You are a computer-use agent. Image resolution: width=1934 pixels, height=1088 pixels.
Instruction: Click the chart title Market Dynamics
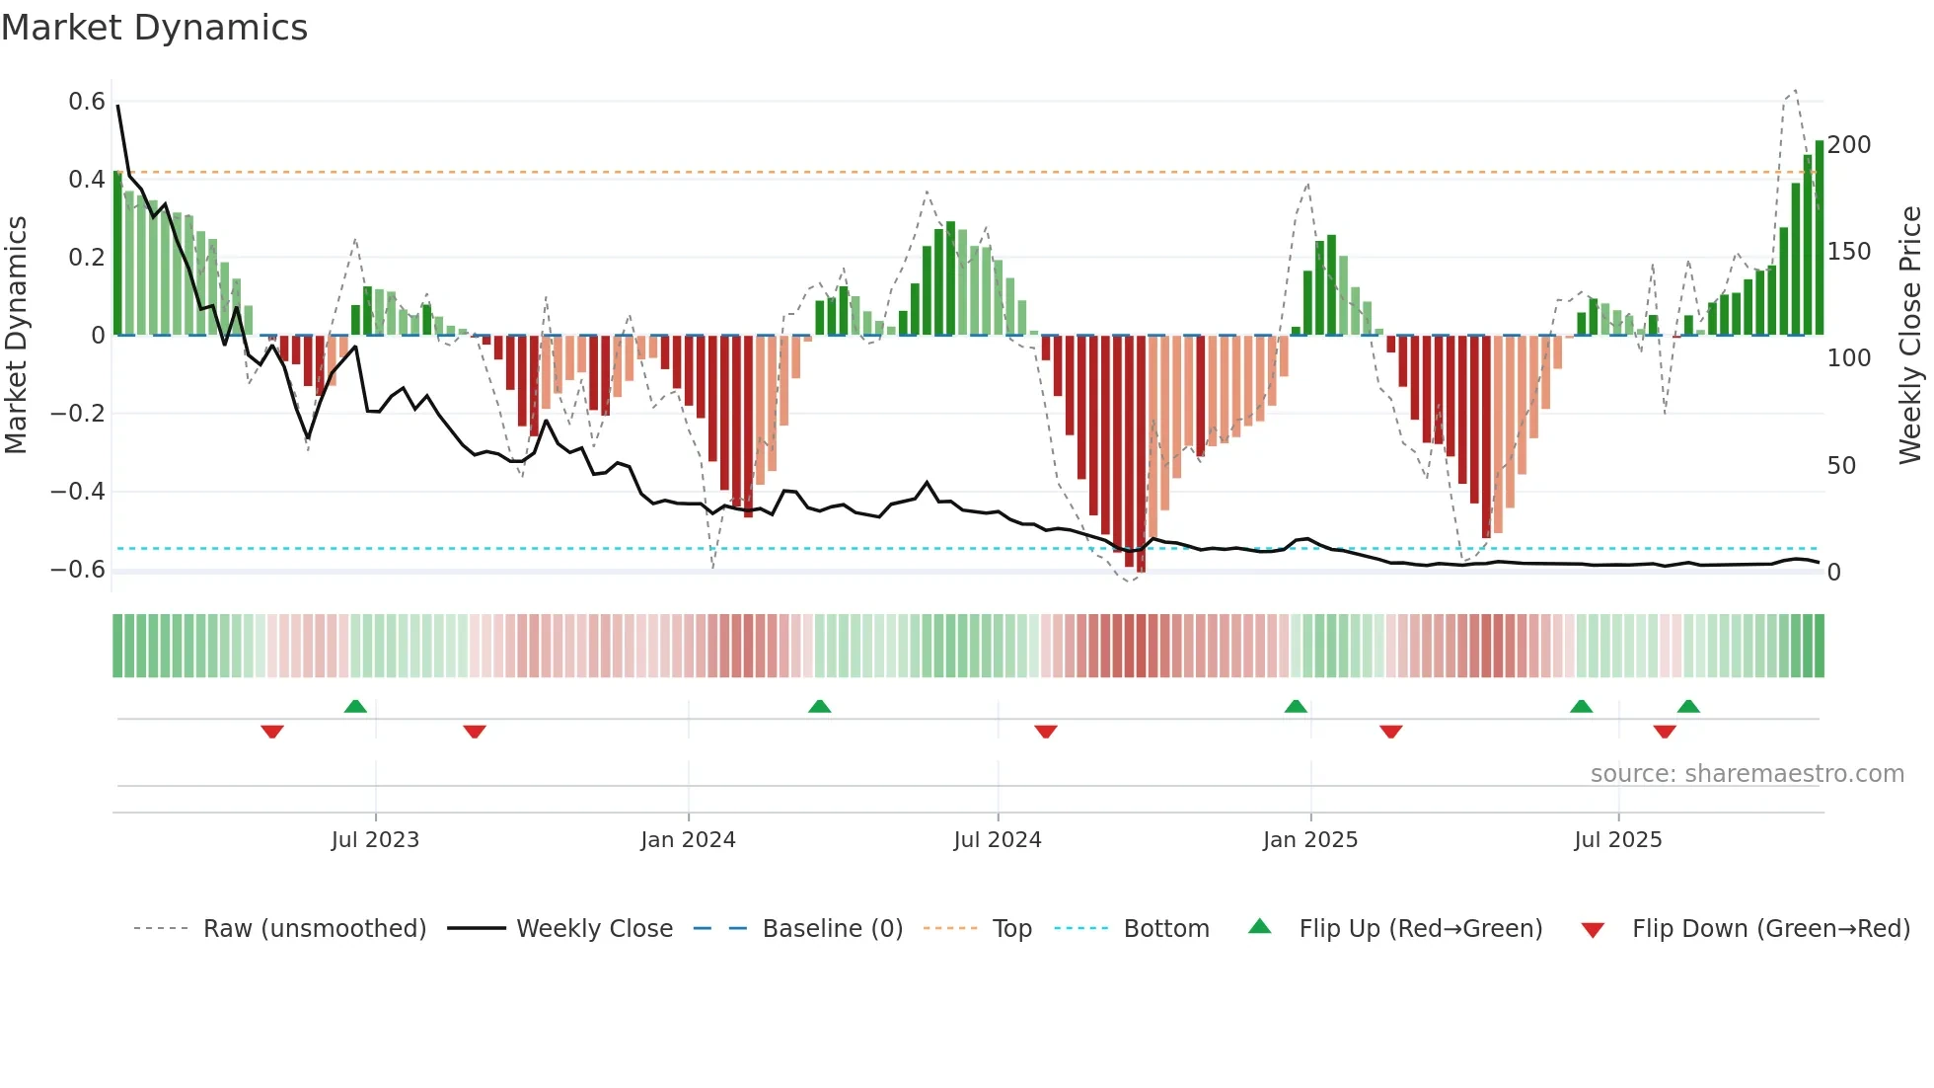pyautogui.click(x=155, y=28)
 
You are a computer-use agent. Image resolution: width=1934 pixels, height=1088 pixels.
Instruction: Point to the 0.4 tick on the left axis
pyautogui.click(x=86, y=180)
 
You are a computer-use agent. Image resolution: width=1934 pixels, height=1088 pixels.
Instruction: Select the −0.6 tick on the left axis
pyautogui.click(x=78, y=570)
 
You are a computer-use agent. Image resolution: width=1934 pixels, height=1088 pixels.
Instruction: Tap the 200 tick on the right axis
pyautogui.click(x=1849, y=145)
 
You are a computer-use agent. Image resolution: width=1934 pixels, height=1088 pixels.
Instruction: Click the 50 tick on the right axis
pyautogui.click(x=1841, y=465)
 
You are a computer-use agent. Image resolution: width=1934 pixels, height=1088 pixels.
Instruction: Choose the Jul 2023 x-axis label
pyautogui.click(x=375, y=840)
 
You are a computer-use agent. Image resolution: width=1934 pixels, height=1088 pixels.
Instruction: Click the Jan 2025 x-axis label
pyautogui.click(x=1310, y=840)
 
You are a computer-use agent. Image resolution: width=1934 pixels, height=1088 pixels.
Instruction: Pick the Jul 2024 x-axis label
pyautogui.click(x=998, y=840)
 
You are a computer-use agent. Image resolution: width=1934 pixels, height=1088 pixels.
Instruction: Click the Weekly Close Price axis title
pyautogui.click(x=1910, y=336)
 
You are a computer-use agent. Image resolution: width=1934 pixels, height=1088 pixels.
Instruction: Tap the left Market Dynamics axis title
pyautogui.click(x=16, y=336)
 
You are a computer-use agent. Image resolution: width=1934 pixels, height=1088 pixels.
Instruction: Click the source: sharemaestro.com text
pyautogui.click(x=1747, y=774)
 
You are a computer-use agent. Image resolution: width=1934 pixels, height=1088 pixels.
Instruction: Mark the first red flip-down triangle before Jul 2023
pyautogui.click(x=272, y=732)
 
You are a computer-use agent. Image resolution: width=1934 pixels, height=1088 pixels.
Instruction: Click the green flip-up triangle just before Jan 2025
pyautogui.click(x=1296, y=706)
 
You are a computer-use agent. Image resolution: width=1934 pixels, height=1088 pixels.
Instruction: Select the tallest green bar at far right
pyautogui.click(x=1820, y=237)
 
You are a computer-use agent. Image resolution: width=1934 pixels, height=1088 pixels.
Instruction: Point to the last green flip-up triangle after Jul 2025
pyautogui.click(x=1688, y=706)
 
